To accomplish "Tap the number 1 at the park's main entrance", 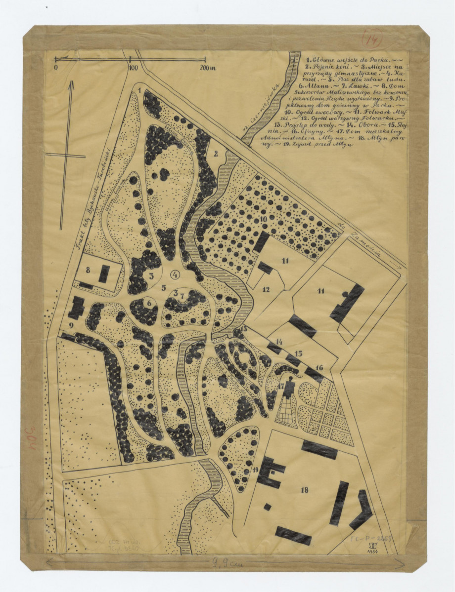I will click(x=140, y=90).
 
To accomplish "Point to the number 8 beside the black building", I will click(x=87, y=270).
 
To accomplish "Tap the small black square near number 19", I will click(x=267, y=507).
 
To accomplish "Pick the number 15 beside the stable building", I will click(x=298, y=354).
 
